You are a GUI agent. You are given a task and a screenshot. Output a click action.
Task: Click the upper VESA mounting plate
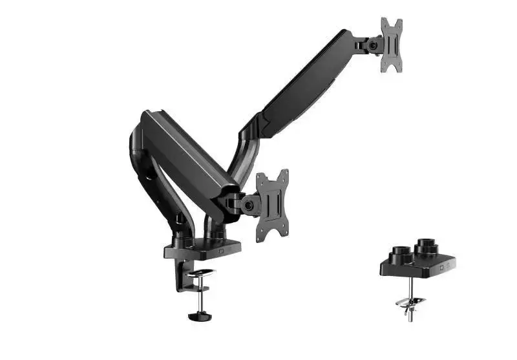(x=392, y=46)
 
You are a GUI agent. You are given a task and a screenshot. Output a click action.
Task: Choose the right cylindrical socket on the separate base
(x=425, y=246)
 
